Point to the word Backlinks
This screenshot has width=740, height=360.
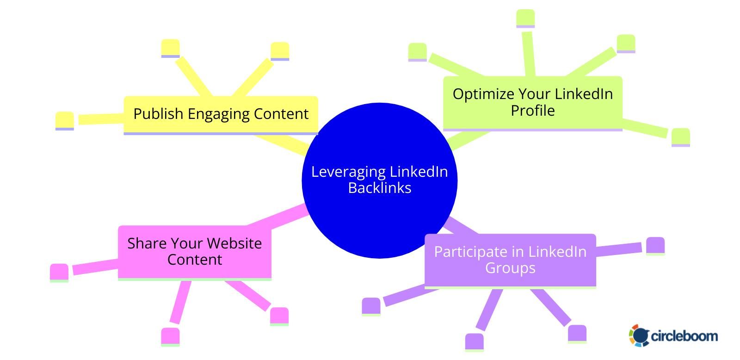pyautogui.click(x=380, y=188)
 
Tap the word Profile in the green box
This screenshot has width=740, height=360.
pyautogui.click(x=533, y=111)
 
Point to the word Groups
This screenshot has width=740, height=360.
pyautogui.click(x=510, y=268)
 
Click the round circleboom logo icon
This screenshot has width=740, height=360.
pyautogui.click(x=639, y=335)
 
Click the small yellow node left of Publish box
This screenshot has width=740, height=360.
pyautogui.click(x=64, y=120)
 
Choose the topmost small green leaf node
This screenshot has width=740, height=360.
pyautogui.click(x=525, y=18)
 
